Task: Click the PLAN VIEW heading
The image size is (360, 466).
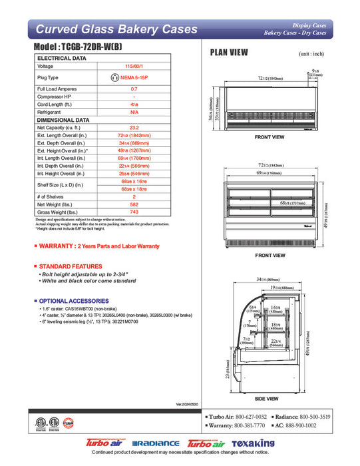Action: [230, 52]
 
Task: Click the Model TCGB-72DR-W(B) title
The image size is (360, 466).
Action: [87, 49]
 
